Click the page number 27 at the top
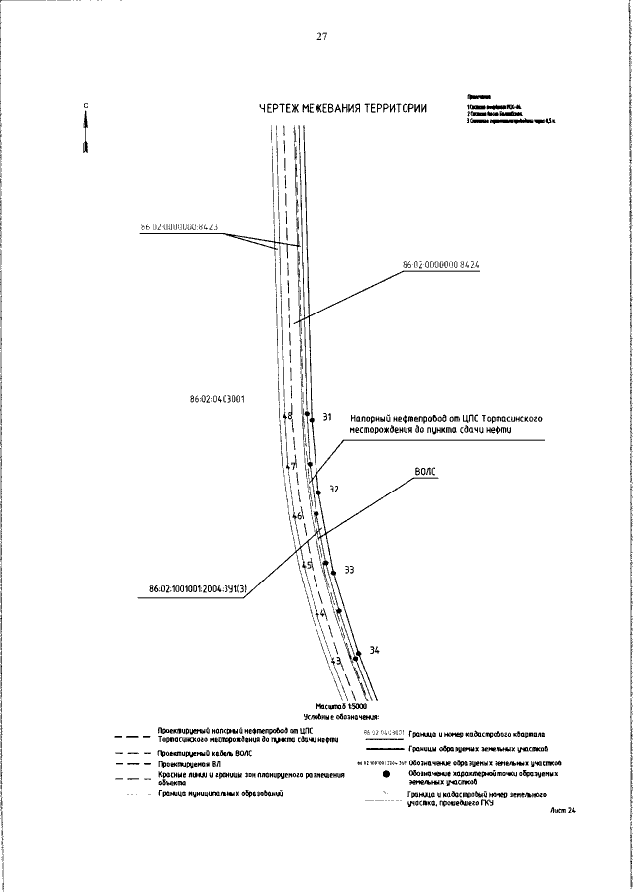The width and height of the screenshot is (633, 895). (321, 37)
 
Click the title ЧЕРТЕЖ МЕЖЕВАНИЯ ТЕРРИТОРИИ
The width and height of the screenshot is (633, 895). (343, 109)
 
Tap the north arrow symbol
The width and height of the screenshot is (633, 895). (87, 131)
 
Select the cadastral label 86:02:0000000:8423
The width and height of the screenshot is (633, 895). (179, 227)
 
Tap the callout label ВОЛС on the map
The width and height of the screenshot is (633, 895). (426, 473)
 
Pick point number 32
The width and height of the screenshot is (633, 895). (334, 490)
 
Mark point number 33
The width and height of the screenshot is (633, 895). (349, 570)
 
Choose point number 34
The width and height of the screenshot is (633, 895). (374, 650)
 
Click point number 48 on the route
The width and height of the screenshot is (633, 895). (287, 417)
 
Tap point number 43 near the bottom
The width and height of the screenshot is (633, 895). (336, 661)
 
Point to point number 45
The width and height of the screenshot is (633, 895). (307, 565)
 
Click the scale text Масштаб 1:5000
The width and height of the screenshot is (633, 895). (341, 707)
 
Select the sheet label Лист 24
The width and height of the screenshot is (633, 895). (563, 810)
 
